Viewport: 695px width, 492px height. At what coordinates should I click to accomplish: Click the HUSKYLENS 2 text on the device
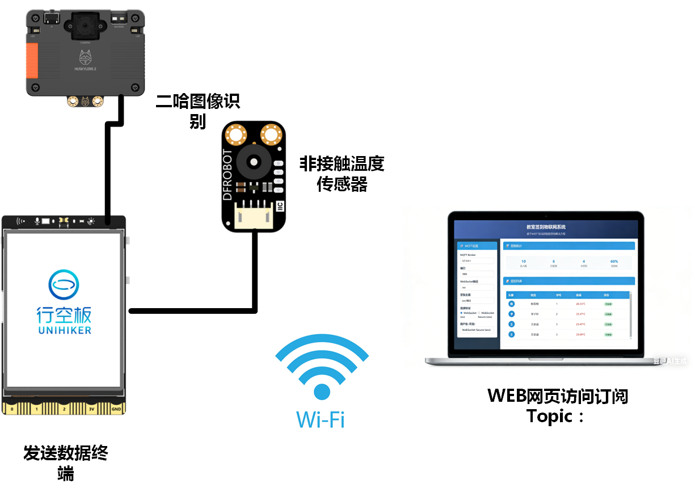[85, 70]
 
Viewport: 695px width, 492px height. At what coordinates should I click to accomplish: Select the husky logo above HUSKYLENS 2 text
[85, 57]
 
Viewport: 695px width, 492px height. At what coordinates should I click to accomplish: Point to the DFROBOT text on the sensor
[228, 175]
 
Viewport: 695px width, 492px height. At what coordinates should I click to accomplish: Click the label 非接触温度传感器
[342, 174]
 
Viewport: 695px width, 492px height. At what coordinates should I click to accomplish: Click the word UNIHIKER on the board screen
[64, 330]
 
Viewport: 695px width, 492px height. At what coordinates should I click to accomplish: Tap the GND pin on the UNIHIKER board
[116, 409]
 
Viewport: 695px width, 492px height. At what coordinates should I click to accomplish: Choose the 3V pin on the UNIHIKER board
[91, 409]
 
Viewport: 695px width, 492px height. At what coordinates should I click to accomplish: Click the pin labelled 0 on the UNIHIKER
[12, 409]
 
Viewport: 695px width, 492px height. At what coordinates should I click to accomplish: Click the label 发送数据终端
[66, 462]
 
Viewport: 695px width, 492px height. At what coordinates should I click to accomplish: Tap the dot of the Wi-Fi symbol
[322, 392]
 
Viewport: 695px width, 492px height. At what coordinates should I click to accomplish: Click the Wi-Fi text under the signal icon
[321, 419]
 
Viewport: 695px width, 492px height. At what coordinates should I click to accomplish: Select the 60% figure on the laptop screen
[614, 262]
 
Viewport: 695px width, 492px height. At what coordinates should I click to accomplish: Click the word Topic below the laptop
[549, 417]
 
